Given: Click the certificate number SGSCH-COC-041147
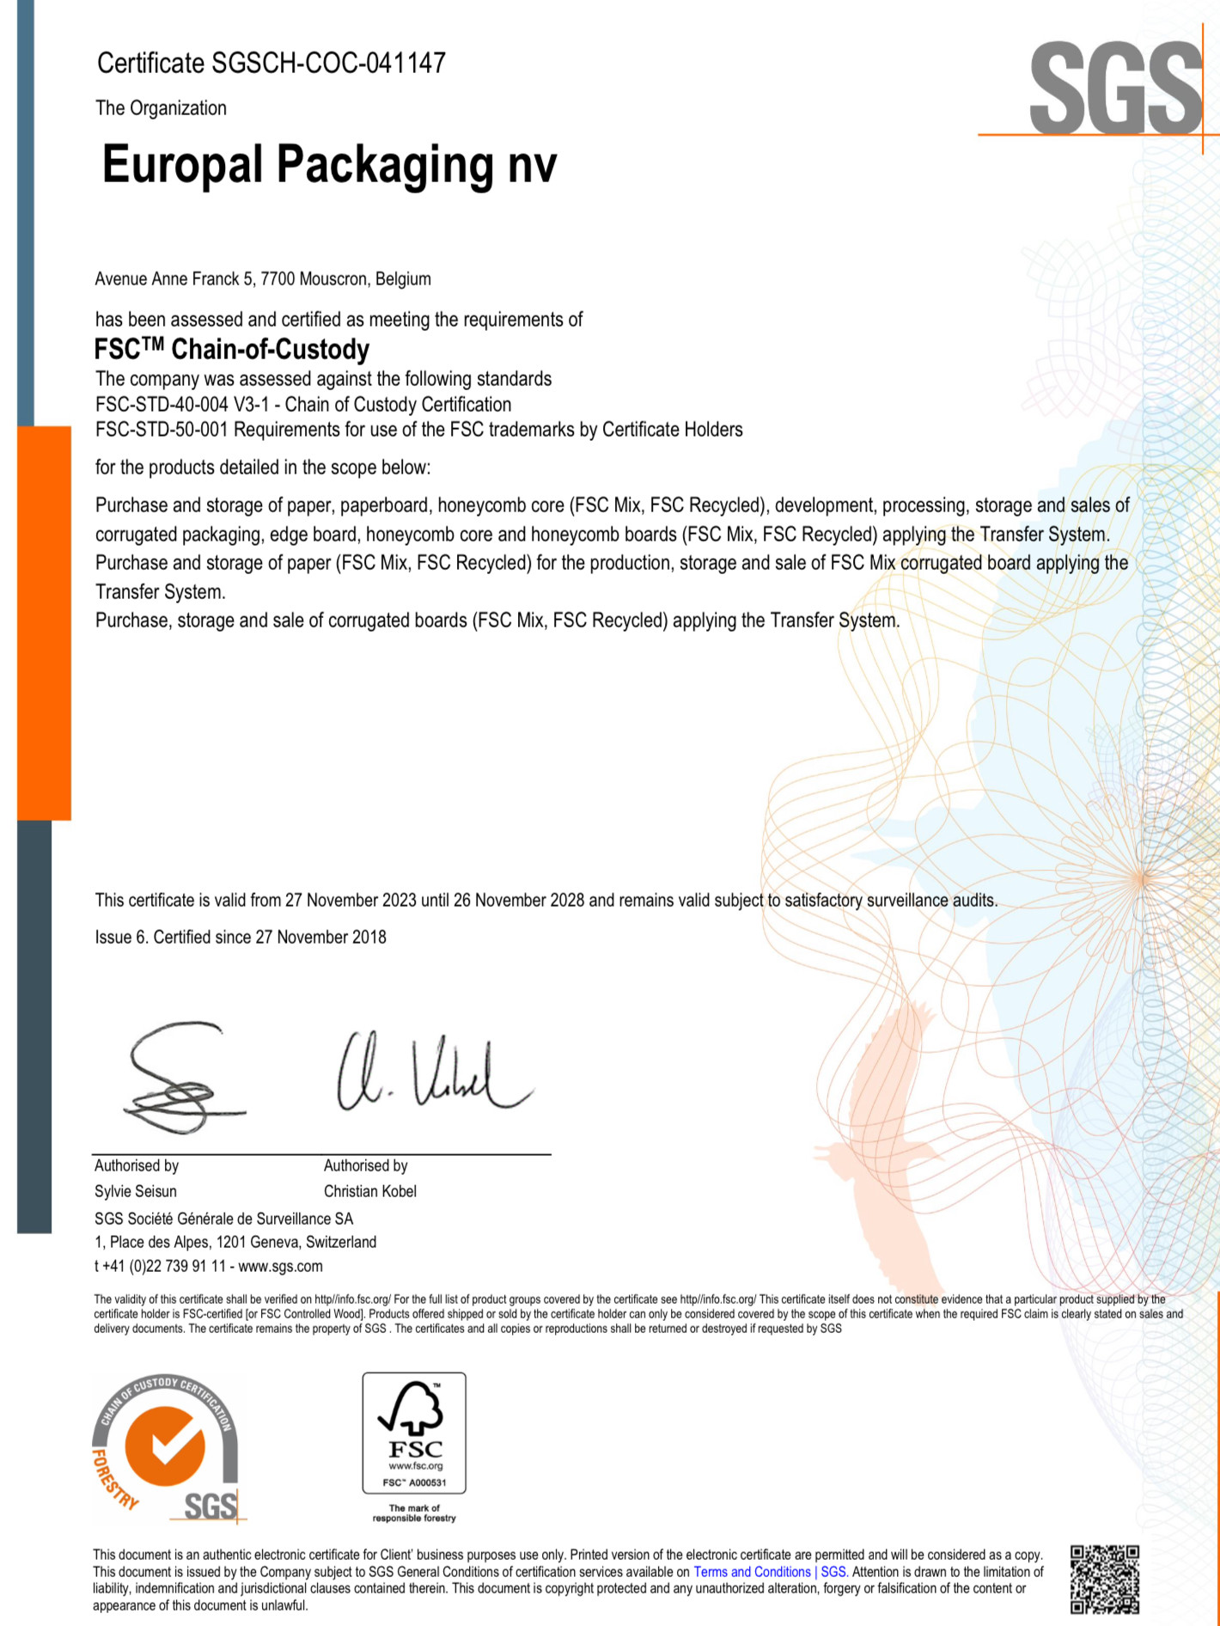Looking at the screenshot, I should click(x=328, y=64).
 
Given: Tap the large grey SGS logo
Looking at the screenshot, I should click(x=1114, y=88).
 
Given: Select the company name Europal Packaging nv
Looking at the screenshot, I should click(x=329, y=164).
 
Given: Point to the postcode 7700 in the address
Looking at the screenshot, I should click(x=278, y=279).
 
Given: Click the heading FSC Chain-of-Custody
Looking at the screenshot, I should click(x=232, y=350).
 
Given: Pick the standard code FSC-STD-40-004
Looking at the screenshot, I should click(x=162, y=405).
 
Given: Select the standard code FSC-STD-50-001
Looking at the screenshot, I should click(x=162, y=430).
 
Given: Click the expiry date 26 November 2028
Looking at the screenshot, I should click(x=519, y=901).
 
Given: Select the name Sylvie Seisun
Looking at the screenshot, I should click(x=136, y=1192).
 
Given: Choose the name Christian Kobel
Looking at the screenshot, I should click(x=370, y=1192).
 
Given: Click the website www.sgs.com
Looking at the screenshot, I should click(x=280, y=1267).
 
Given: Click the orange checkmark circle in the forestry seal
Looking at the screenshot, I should click(x=165, y=1447).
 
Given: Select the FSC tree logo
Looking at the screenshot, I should click(x=413, y=1409).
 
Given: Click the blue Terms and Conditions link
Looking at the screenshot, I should click(x=753, y=1572).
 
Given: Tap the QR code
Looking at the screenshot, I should click(x=1105, y=1580).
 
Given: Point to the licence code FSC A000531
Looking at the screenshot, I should click(x=414, y=1482).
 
